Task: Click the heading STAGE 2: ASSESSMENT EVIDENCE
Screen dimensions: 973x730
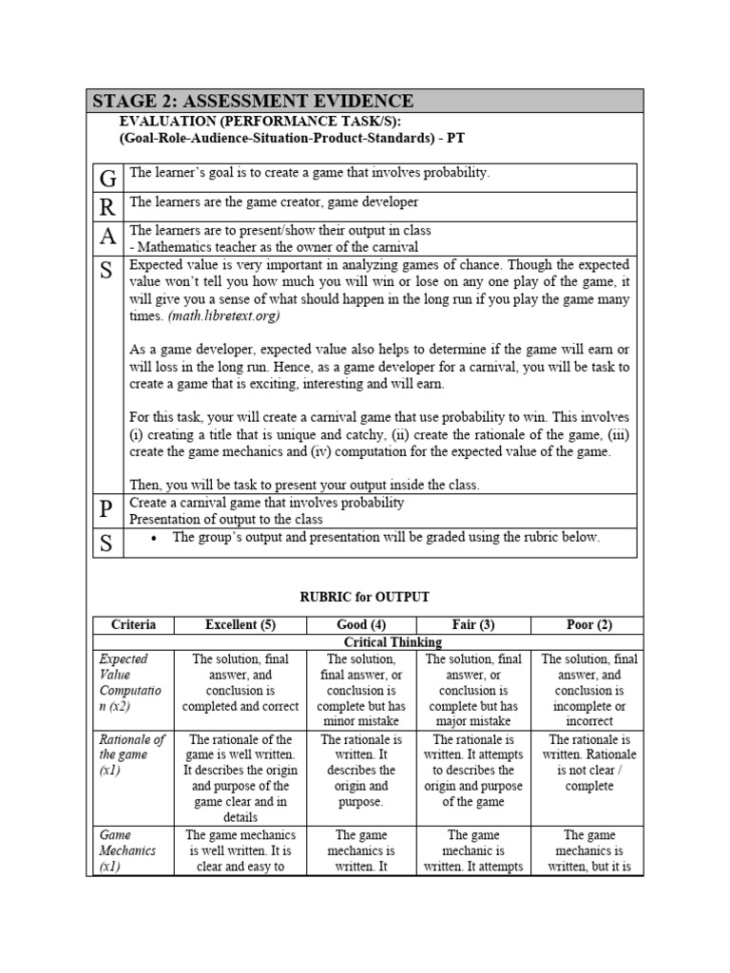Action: tap(253, 101)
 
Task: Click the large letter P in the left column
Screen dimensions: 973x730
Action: tap(106, 510)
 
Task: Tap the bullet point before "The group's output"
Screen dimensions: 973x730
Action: tap(154, 538)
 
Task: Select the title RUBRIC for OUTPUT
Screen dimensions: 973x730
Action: tap(365, 598)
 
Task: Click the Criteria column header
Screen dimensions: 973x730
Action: tap(134, 624)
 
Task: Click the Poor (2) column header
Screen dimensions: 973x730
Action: tap(588, 624)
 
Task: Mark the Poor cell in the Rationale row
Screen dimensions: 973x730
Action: tap(589, 762)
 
